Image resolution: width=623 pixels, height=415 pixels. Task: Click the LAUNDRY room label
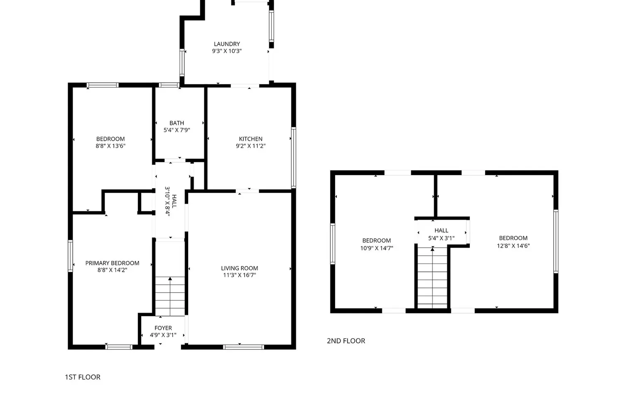pyautogui.click(x=227, y=44)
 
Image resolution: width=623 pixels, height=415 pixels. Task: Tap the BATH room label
pyautogui.click(x=177, y=123)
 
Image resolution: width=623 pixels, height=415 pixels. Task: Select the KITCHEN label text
pyautogui.click(x=250, y=139)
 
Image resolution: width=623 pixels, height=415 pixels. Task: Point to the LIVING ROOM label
pyautogui.click(x=240, y=268)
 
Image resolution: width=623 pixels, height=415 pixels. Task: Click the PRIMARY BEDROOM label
pyautogui.click(x=113, y=263)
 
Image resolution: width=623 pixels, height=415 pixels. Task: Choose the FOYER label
pyautogui.click(x=163, y=328)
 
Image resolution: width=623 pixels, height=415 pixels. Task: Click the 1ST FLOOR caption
pyautogui.click(x=83, y=377)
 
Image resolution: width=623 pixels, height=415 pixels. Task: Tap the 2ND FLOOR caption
pyautogui.click(x=346, y=341)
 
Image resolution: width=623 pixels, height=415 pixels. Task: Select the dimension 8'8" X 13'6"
pyautogui.click(x=111, y=146)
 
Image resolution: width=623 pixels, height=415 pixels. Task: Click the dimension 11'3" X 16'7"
pyautogui.click(x=240, y=275)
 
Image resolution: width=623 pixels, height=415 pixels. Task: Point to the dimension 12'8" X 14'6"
pyautogui.click(x=513, y=246)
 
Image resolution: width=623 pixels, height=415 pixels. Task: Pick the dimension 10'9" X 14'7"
pyautogui.click(x=377, y=248)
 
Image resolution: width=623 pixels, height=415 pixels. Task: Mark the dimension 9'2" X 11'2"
pyautogui.click(x=250, y=146)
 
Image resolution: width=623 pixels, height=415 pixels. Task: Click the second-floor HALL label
pyautogui.click(x=441, y=230)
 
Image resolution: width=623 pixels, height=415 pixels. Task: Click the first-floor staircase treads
pyautogui.click(x=170, y=296)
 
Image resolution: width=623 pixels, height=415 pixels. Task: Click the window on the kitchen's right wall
pyautogui.click(x=293, y=158)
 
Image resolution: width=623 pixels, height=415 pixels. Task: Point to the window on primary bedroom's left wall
pyautogui.click(x=70, y=256)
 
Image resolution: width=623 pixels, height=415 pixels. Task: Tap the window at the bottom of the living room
pyautogui.click(x=243, y=347)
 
